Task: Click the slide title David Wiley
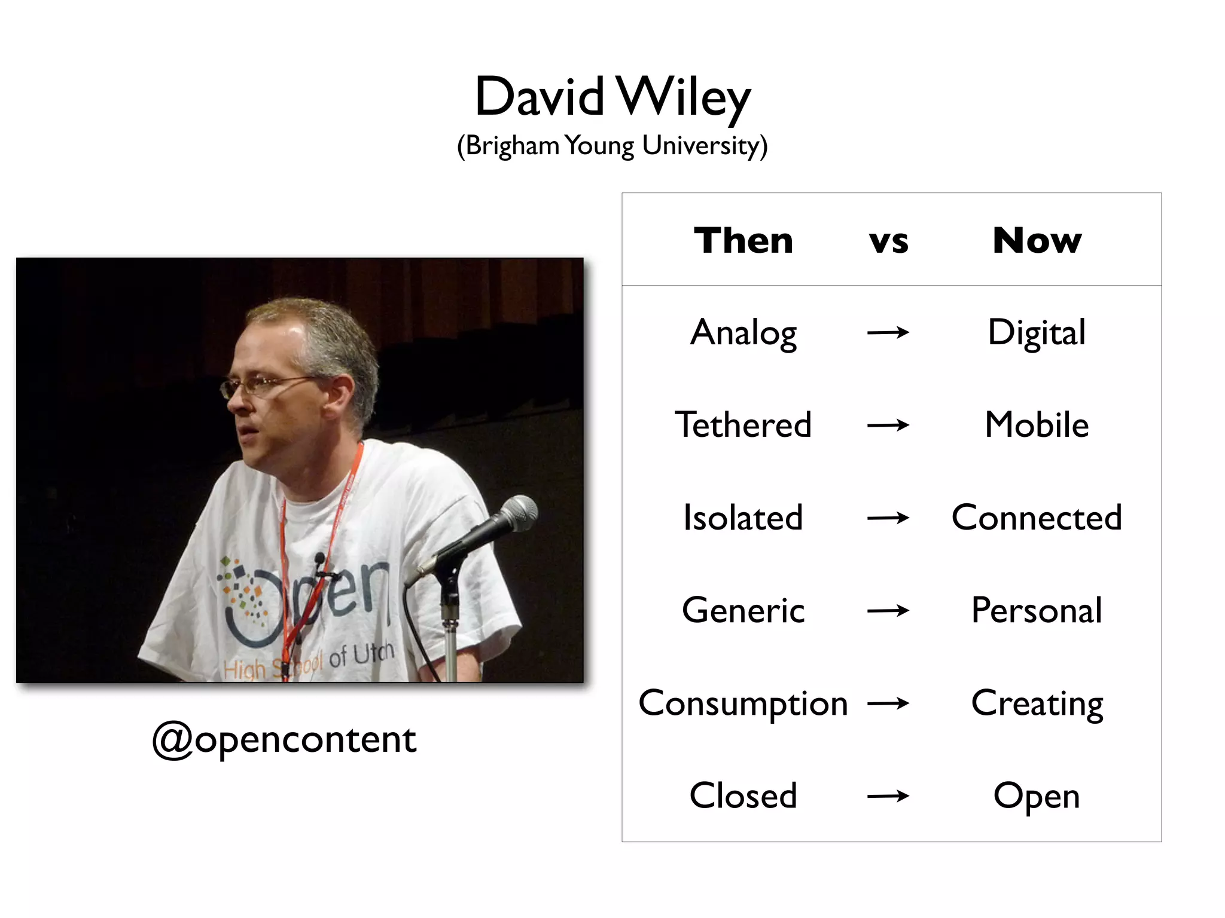pyautogui.click(x=612, y=97)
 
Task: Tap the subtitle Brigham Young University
pyautogui.click(x=612, y=146)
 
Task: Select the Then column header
pyautogui.click(x=743, y=240)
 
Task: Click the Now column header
pyautogui.click(x=1037, y=240)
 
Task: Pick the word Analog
pyautogui.click(x=743, y=333)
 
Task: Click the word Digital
pyautogui.click(x=1037, y=333)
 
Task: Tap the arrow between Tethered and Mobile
pyautogui.click(x=888, y=426)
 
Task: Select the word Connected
pyautogui.click(x=1037, y=518)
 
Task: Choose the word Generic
pyautogui.click(x=743, y=610)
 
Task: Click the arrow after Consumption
pyautogui.click(x=888, y=704)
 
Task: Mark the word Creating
pyautogui.click(x=1037, y=703)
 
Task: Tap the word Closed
pyautogui.click(x=743, y=795)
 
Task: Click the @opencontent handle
pyautogui.click(x=284, y=740)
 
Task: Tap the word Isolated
pyautogui.click(x=743, y=518)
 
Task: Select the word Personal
pyautogui.click(x=1037, y=610)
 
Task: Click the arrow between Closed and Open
pyautogui.click(x=888, y=796)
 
